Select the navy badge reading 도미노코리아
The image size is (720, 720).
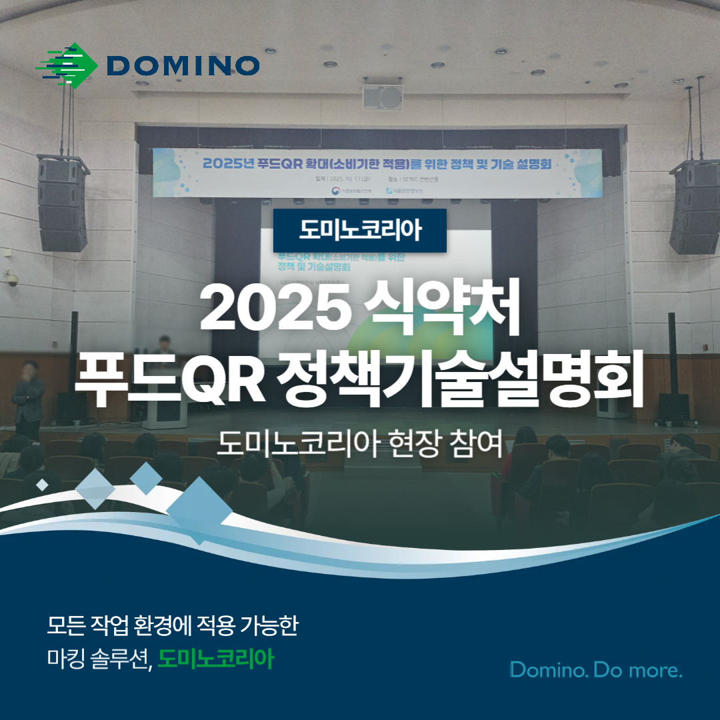[360, 230]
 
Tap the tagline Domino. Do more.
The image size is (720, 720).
[596, 669]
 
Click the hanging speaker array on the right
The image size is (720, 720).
[695, 207]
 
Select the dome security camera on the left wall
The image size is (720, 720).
[12, 280]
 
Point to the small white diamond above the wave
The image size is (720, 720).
[42, 485]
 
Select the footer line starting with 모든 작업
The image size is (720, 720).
[172, 627]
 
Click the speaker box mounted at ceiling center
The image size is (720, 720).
[382, 98]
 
